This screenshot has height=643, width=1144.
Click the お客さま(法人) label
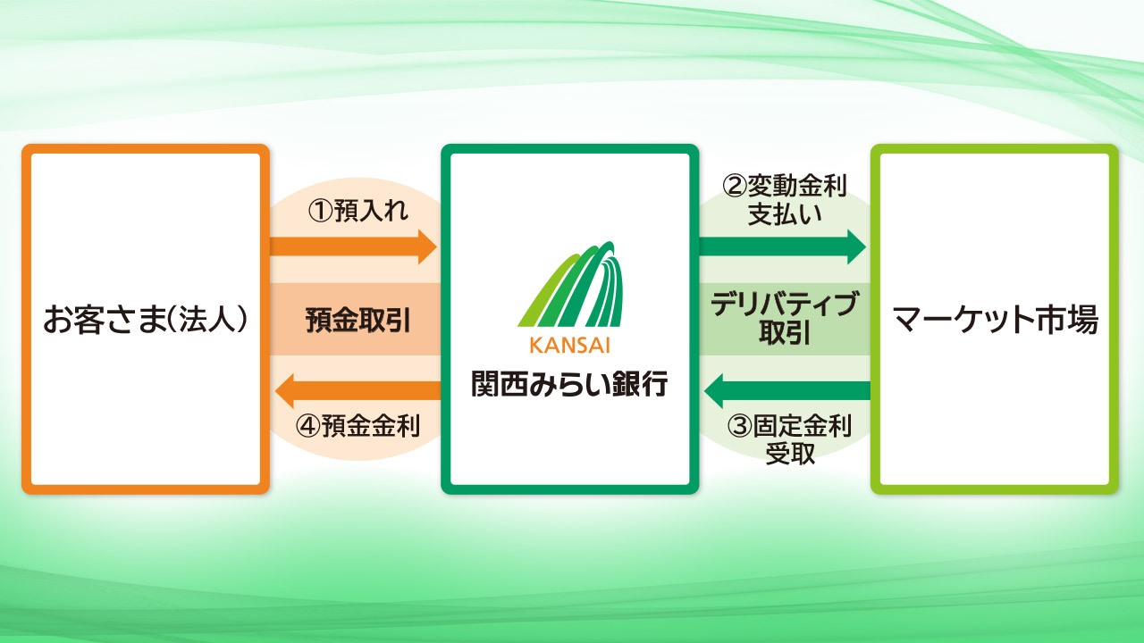(145, 320)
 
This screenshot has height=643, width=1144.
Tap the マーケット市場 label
(995, 320)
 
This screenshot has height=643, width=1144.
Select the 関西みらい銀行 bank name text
(569, 384)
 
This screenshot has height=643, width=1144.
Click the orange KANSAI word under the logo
(569, 346)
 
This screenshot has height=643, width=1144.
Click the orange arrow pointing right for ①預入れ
(353, 247)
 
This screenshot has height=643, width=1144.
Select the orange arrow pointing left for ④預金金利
(358, 391)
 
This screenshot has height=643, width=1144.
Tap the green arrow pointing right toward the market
(782, 247)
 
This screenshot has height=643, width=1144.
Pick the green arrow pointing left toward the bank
(787, 391)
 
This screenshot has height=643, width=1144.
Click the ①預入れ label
(358, 211)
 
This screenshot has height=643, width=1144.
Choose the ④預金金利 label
(358, 426)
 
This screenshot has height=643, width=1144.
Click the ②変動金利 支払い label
(785, 200)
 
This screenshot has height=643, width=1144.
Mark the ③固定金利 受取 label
(789, 440)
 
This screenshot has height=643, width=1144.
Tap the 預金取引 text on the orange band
(358, 321)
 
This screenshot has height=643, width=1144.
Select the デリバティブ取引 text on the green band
(785, 319)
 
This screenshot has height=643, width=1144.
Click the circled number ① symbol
(321, 212)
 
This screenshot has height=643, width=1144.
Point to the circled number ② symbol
(735, 186)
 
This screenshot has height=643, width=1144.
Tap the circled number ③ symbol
(739, 426)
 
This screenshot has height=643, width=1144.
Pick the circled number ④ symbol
(308, 427)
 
